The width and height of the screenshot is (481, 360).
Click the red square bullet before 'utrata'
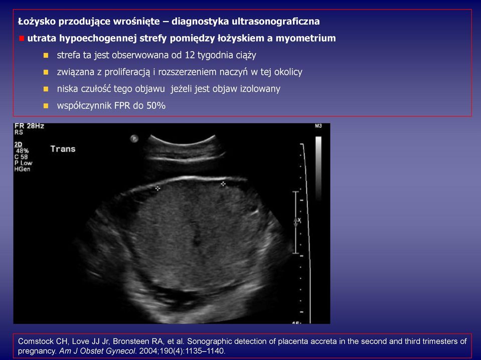point(22,38)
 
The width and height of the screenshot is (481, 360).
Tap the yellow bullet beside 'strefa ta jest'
point(46,56)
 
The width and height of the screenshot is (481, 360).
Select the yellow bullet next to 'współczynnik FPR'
point(46,106)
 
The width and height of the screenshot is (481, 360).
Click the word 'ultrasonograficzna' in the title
point(275,22)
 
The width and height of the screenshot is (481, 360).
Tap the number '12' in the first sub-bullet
point(190,55)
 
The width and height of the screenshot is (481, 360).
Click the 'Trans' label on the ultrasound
point(63,149)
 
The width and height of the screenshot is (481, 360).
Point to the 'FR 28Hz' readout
point(29,126)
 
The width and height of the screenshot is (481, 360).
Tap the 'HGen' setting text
point(22,169)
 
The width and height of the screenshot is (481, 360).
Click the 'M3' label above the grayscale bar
point(318,126)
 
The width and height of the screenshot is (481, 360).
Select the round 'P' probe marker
point(134,138)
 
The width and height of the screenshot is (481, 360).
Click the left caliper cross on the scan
point(157,188)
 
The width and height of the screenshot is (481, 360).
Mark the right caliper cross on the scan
point(223,184)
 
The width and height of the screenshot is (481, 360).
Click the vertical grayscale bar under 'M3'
point(318,168)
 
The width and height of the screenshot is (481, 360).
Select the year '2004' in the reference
point(148,351)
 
